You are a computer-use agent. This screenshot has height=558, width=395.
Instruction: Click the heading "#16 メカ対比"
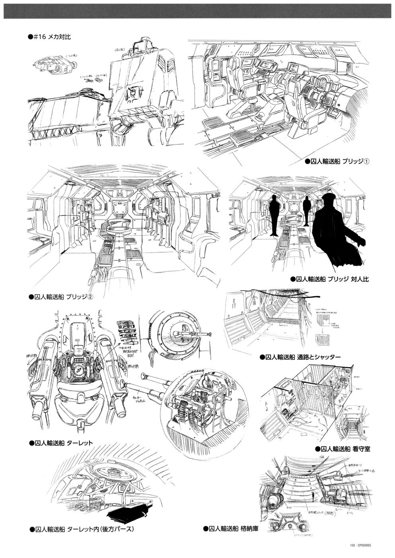[x=52, y=36]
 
